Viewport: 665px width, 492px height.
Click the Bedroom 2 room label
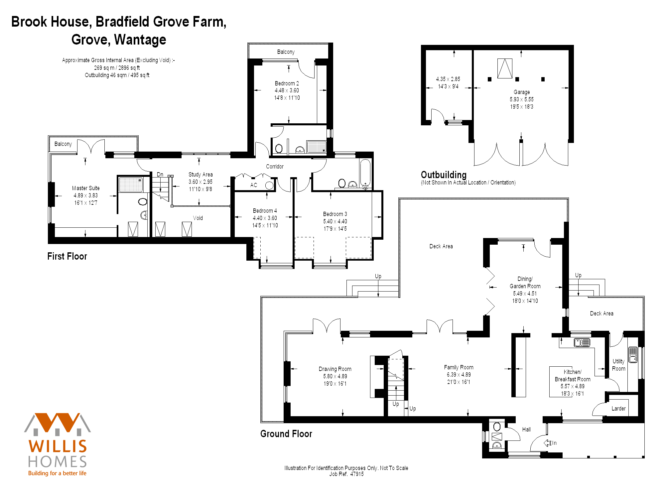(x=287, y=83)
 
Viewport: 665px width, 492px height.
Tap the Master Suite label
(x=86, y=188)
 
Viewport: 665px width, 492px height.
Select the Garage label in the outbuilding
(x=522, y=92)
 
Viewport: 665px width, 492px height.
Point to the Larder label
(x=618, y=409)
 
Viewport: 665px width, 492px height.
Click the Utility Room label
(x=618, y=365)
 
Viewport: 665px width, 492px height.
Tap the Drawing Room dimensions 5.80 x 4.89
(x=335, y=376)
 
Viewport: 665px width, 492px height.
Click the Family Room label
(x=459, y=367)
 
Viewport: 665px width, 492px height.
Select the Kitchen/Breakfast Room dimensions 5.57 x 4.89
(x=572, y=386)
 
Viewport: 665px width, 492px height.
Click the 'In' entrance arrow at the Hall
(x=547, y=443)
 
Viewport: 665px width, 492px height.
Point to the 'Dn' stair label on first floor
(x=160, y=175)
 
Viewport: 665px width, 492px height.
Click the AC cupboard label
(x=254, y=185)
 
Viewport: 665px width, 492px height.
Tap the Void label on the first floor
(x=198, y=218)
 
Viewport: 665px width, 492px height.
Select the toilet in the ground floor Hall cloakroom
(x=497, y=427)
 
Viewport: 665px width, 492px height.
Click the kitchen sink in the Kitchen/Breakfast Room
(x=582, y=342)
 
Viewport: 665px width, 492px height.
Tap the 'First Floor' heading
(x=67, y=256)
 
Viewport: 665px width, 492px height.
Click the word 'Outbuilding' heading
(x=444, y=175)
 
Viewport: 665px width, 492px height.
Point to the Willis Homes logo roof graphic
(x=58, y=424)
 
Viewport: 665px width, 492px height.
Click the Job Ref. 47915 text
(x=346, y=474)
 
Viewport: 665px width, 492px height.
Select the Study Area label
(x=200, y=175)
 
